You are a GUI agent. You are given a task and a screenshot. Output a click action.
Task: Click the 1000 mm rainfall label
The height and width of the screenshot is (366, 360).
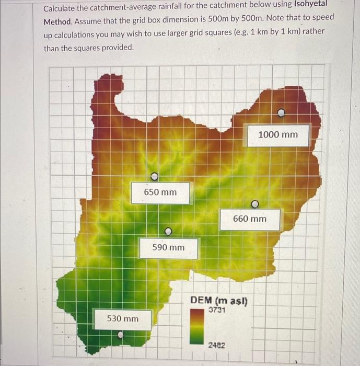(277, 135)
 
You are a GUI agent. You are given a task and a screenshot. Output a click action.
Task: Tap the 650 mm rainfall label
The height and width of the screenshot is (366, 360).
(160, 192)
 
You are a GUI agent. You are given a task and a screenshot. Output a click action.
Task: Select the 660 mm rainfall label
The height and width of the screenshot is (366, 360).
(249, 219)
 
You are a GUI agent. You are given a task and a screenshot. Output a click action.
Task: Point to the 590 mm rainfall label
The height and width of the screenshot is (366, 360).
(168, 247)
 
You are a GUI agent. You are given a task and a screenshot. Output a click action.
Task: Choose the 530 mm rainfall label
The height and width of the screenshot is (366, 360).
(123, 318)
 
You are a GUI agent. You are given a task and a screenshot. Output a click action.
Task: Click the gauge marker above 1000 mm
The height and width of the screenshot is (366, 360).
(281, 112)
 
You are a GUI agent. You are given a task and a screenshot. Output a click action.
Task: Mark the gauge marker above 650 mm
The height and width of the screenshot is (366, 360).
(154, 176)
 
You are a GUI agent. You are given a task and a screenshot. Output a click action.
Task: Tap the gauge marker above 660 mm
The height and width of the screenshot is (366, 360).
(255, 204)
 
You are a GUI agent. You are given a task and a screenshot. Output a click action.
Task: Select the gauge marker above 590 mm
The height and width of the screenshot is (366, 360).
(168, 231)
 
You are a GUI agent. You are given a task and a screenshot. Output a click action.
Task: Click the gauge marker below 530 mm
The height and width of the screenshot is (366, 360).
(121, 335)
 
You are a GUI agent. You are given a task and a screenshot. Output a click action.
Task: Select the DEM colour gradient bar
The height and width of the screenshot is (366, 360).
(196, 327)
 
